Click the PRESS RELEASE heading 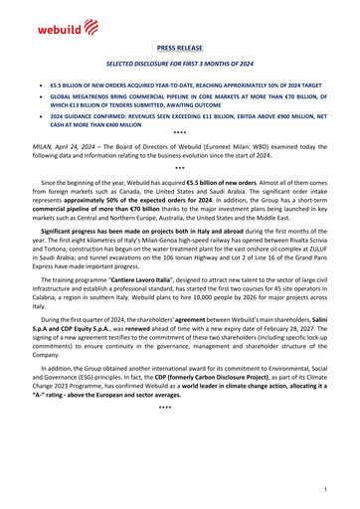coord(179,46)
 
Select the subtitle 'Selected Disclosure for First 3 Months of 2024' coord(179,62)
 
